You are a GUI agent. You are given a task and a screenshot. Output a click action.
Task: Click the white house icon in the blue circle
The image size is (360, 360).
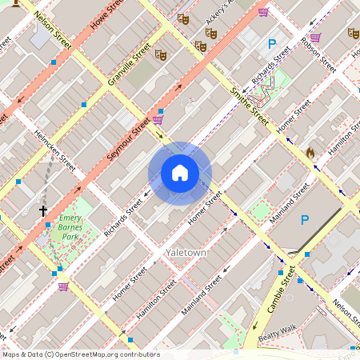[x=180, y=173]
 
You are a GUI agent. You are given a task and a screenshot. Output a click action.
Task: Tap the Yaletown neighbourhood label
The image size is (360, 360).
[x=186, y=252]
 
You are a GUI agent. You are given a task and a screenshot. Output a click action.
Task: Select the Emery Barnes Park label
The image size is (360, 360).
[x=71, y=227]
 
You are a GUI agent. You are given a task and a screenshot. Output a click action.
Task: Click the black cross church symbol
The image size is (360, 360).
[x=43, y=212]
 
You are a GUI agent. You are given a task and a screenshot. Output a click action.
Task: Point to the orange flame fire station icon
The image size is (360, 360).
[x=310, y=152]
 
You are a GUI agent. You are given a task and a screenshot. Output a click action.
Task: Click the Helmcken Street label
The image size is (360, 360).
[x=54, y=150]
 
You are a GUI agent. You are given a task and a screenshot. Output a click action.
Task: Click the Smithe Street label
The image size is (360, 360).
[x=249, y=106]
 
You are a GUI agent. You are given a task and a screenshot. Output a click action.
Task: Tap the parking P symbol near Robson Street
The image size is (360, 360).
[x=272, y=44]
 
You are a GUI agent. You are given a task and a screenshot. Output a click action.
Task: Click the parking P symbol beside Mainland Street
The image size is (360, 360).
[x=304, y=220]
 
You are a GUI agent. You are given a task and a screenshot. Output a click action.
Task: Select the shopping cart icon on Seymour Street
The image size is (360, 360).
[x=158, y=120]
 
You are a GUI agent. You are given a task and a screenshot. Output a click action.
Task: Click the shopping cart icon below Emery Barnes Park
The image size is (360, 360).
[x=63, y=286]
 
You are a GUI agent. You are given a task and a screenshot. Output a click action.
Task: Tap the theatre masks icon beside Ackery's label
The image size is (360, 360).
[x=211, y=34]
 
